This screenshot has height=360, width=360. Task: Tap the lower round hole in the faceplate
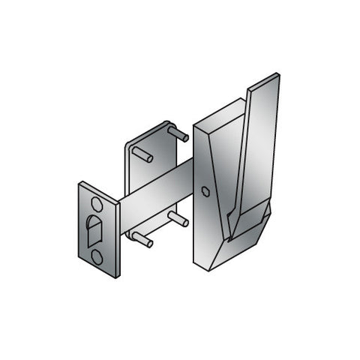coord(97,256)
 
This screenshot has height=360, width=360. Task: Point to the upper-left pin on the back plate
coord(143,155)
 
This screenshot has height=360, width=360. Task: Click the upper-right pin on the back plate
coord(178,134)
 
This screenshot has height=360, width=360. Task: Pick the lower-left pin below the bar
coord(142,241)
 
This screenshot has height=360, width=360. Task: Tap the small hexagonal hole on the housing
coord(205,190)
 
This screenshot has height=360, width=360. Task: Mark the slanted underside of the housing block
coord(240,247)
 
